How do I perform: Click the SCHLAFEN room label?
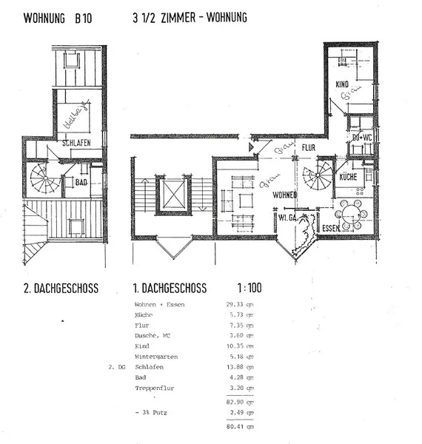click(76, 144)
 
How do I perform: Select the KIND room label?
click(341, 85)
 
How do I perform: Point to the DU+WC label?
click(361, 138)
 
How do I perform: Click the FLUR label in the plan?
click(309, 148)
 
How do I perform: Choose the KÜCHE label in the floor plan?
click(348, 178)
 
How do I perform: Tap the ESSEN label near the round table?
click(330, 229)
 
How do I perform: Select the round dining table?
click(351, 215)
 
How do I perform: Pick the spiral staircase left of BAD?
click(45, 179)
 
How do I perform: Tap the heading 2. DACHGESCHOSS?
click(61, 289)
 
